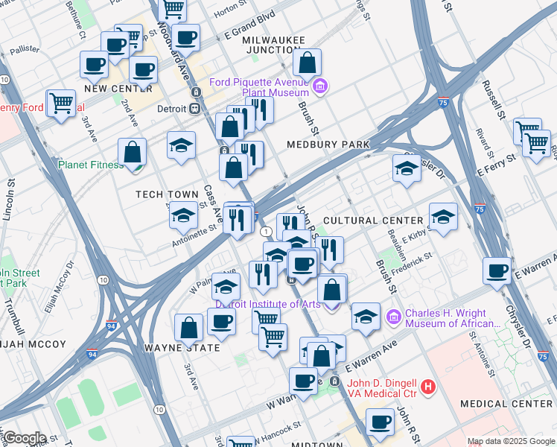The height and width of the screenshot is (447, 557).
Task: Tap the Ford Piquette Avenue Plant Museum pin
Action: tap(319, 86)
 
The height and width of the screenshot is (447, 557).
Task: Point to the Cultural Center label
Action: tap(373, 221)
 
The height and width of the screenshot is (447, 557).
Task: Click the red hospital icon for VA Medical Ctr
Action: tap(427, 387)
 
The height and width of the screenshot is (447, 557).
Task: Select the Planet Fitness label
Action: tap(91, 165)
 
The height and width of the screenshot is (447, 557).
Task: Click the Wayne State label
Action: tap(182, 348)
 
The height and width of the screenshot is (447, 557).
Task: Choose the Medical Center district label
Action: tap(506, 403)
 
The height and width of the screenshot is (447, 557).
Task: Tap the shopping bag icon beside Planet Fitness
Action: tap(132, 152)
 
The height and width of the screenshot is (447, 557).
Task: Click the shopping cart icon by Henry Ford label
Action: tap(60, 102)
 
